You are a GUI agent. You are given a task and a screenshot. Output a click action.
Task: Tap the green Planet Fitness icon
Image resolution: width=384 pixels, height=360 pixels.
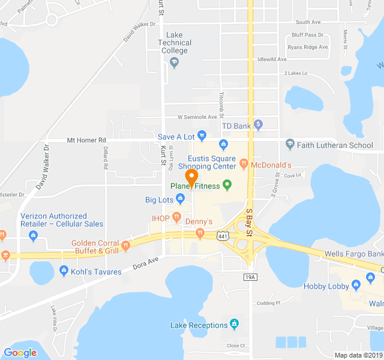click(x=227, y=185)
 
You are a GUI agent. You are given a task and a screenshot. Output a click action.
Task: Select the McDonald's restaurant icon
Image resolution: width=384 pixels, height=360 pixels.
click(x=244, y=164)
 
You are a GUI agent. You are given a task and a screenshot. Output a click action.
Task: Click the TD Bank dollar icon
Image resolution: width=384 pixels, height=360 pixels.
click(x=259, y=125)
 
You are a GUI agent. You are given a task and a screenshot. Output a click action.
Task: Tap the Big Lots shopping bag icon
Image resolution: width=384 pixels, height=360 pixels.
click(x=180, y=199)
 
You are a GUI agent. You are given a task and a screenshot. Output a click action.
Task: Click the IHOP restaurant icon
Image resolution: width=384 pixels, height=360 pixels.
click(x=176, y=217)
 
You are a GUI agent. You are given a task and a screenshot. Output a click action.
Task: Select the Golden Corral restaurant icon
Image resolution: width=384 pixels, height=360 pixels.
click(x=126, y=244)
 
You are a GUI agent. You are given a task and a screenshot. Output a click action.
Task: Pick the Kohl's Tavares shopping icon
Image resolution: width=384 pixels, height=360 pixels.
click(x=64, y=272)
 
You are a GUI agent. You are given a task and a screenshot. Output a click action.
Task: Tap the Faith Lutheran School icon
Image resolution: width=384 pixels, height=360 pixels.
click(x=290, y=145)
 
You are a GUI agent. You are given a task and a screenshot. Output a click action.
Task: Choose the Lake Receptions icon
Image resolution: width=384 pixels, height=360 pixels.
click(x=234, y=325)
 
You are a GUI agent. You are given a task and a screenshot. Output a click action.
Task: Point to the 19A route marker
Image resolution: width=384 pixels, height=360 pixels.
click(x=250, y=277)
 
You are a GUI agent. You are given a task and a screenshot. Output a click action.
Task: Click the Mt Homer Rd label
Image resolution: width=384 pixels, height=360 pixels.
click(x=86, y=140)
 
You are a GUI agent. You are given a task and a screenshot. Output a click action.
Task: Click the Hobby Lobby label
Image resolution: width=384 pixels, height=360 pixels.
click(x=326, y=286)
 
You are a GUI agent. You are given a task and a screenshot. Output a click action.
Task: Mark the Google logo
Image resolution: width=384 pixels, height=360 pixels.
click(x=20, y=353)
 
